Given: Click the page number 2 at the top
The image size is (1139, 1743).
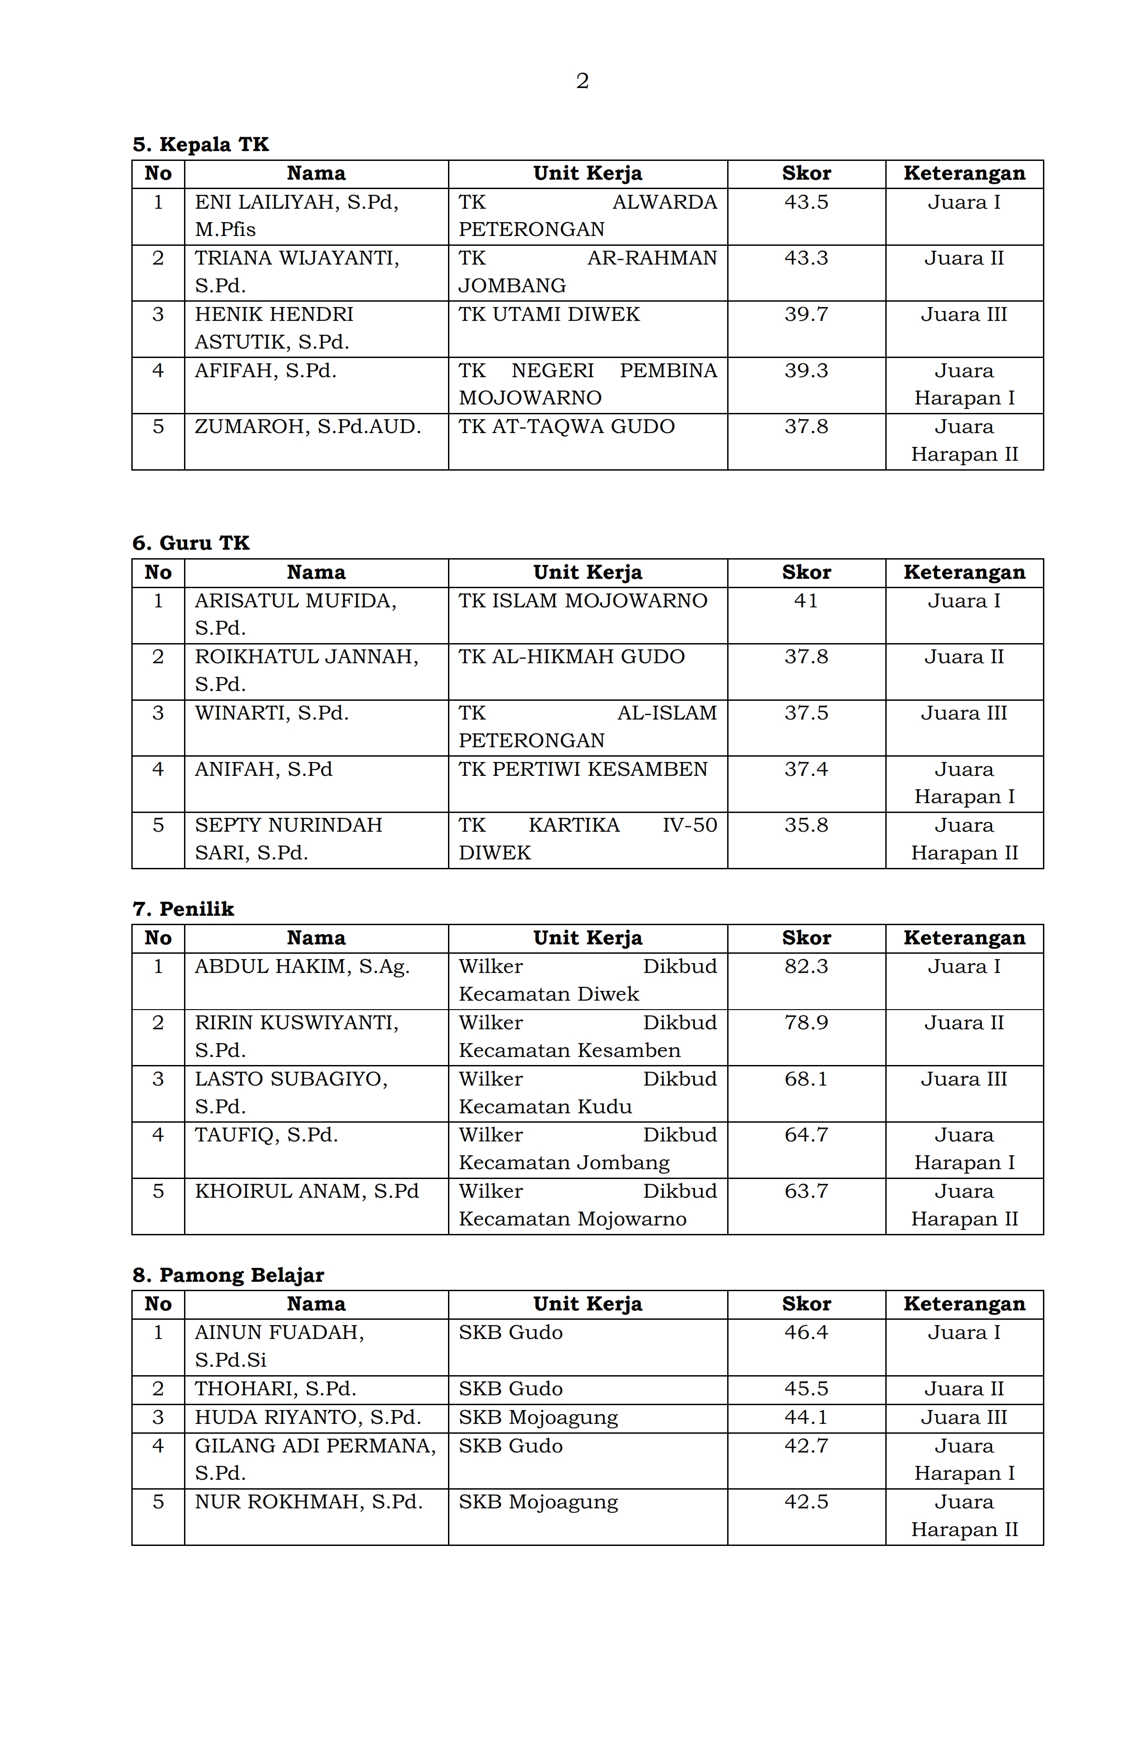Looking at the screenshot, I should pos(582,80).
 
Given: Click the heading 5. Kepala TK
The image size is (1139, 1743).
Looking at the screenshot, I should pos(201,144).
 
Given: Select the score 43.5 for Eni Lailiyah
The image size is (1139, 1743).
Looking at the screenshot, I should pos(806,202).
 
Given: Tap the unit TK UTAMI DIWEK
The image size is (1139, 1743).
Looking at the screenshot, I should pos(549,314).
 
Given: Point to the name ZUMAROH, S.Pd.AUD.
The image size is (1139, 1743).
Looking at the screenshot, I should pos(307,426).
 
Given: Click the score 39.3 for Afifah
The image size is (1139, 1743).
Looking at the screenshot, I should pos(806,370).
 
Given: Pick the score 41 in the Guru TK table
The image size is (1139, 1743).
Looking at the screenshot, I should pos(806,601).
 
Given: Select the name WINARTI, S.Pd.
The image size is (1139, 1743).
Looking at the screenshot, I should pos(272,712).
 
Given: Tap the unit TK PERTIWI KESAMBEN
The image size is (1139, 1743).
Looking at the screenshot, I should pos(582,769).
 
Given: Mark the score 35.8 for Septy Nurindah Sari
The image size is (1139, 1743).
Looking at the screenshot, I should pos(806,825).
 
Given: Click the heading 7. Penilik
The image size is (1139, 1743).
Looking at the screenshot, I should pos(183,909).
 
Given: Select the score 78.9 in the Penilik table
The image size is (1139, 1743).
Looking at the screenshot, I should pos(806,1023).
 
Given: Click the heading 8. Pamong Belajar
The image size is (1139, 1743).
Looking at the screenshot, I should pos(228,1275).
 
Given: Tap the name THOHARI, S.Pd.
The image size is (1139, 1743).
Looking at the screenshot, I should pos(275,1389).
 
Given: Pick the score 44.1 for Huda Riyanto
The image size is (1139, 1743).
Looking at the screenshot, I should pos(806,1417).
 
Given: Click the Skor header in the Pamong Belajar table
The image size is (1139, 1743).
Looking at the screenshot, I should pos(806,1304).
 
